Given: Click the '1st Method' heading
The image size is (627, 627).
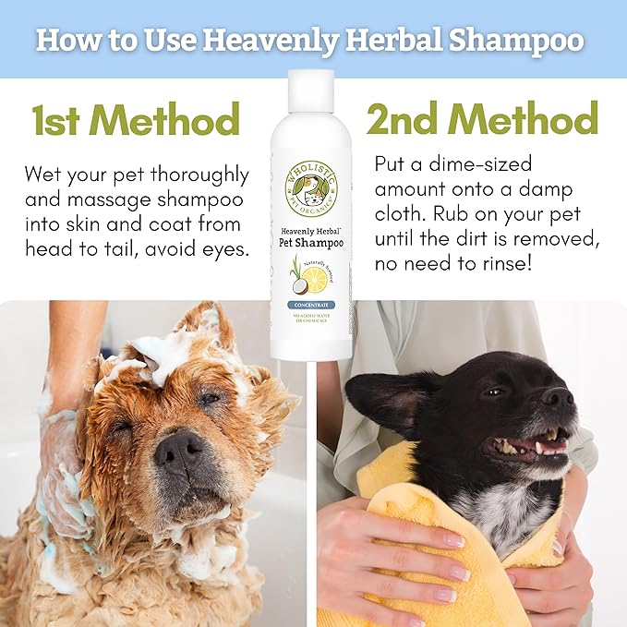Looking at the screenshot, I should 136,120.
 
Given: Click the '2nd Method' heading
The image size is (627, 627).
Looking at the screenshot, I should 482,119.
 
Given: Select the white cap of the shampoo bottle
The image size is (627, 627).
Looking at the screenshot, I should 310,90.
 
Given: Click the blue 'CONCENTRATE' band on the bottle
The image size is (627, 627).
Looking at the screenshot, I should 311,304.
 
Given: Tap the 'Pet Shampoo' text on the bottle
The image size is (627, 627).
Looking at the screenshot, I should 311,243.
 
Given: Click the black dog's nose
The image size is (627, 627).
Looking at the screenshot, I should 558,398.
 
